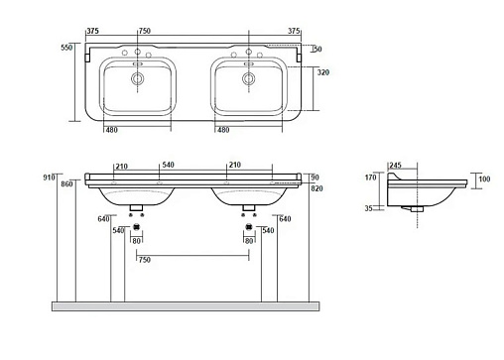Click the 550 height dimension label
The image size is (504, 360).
tap(66, 48)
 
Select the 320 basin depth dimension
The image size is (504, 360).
tap(323, 72)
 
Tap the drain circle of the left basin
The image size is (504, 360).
tap(137, 78)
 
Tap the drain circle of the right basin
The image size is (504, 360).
tap(249, 78)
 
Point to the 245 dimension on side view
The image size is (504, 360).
tap(395, 165)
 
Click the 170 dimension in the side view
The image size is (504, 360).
tap(371, 178)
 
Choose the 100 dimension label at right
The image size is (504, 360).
tap(484, 179)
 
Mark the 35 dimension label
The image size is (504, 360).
tap(369, 208)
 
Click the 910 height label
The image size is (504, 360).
tap(49, 178)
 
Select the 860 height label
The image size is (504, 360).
tap(66, 184)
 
